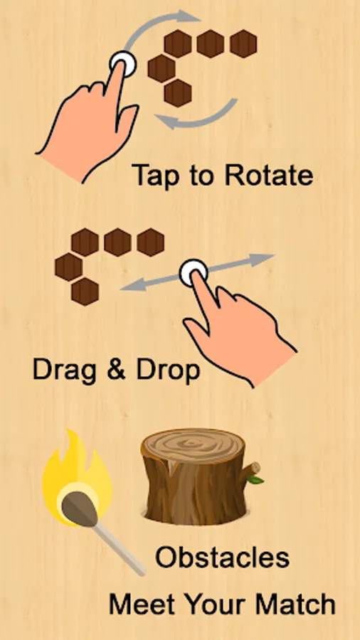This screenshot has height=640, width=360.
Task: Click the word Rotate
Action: [269, 175]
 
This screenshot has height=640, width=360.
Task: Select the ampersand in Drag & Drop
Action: [116, 370]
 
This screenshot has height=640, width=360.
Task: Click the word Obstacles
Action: [223, 558]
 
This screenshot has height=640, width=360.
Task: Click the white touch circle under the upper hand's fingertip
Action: [123, 64]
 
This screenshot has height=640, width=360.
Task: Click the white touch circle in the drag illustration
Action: [194, 272]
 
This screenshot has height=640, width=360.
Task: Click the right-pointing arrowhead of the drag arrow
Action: [261, 259]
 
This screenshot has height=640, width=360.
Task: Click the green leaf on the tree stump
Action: [255, 479]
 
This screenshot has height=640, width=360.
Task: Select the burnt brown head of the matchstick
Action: [79, 508]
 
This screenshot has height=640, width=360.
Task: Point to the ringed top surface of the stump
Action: [193, 445]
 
